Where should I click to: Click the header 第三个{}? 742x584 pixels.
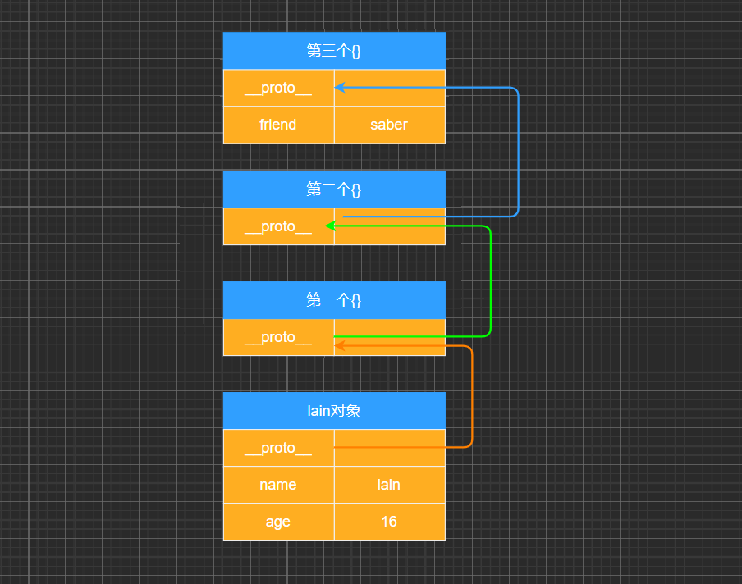334,51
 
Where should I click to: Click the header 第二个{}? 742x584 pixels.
334,189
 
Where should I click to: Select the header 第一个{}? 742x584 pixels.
334,300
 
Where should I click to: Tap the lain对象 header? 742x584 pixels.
334,411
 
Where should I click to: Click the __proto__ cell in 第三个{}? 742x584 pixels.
278,88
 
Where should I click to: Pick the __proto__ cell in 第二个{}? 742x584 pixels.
278,226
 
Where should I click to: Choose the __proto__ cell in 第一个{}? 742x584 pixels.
278,337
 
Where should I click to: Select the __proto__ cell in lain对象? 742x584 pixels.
278,448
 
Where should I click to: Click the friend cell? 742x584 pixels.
278,125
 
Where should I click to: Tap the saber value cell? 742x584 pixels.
389,125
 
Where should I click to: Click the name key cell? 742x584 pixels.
278,485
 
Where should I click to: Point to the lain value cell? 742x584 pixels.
389,485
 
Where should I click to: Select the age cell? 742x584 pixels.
278,522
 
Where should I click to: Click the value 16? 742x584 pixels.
389,522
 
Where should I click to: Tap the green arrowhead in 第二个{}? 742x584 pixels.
330,226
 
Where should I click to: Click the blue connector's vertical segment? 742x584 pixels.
519,152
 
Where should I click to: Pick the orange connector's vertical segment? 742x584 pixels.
473,397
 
